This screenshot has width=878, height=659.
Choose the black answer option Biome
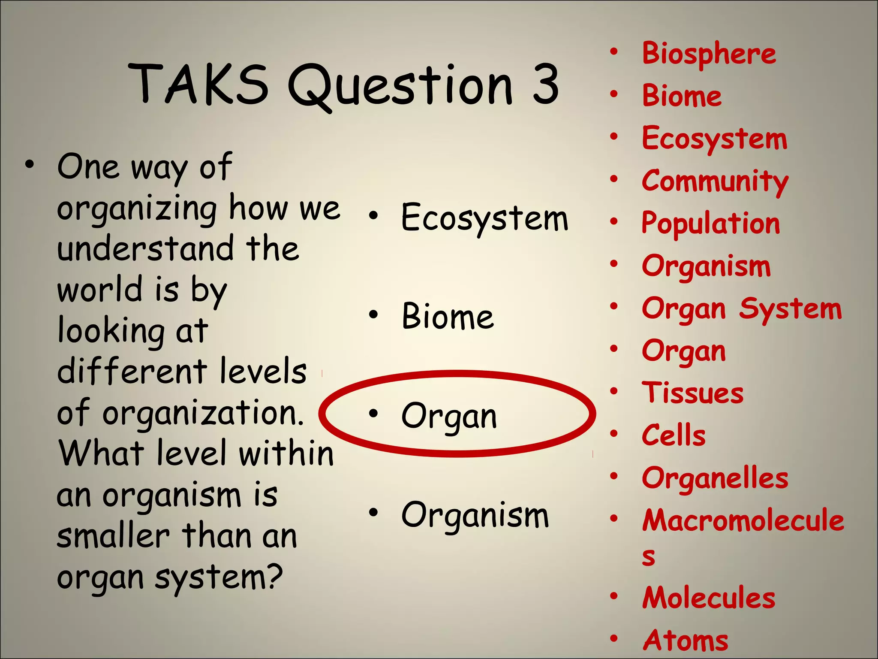(448, 317)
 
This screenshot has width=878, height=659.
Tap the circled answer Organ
(449, 416)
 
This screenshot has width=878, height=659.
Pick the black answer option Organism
(475, 515)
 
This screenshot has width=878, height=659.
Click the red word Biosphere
(709, 55)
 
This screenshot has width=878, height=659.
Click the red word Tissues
(692, 393)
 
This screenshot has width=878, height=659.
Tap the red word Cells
(674, 435)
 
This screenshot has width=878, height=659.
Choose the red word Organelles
(715, 478)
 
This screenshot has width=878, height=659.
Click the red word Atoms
(685, 640)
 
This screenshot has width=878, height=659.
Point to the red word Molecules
(709, 598)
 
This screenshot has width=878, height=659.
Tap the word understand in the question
(145, 249)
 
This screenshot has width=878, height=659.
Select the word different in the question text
(132, 371)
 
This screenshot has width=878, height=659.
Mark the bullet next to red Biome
(614, 94)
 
